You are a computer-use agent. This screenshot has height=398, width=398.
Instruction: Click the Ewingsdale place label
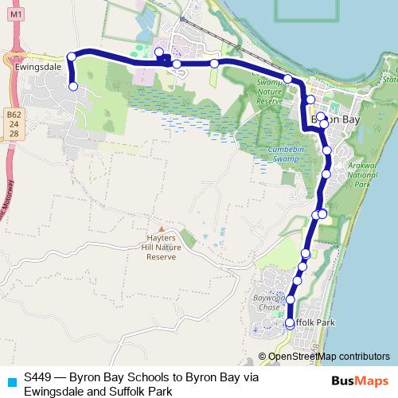coord(33,68)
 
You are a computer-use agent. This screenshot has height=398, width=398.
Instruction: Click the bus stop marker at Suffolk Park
coord(289,323)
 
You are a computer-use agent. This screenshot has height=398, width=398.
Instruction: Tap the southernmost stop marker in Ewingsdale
coord(73,87)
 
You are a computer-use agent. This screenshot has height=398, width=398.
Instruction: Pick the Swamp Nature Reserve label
coord(271,92)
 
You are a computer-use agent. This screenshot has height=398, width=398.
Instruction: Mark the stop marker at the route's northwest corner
coord(72,57)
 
